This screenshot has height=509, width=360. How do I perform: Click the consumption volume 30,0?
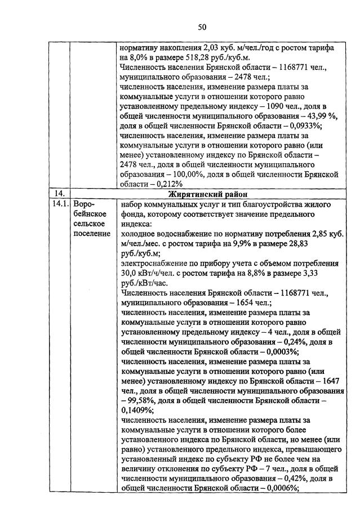tap(130, 274)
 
